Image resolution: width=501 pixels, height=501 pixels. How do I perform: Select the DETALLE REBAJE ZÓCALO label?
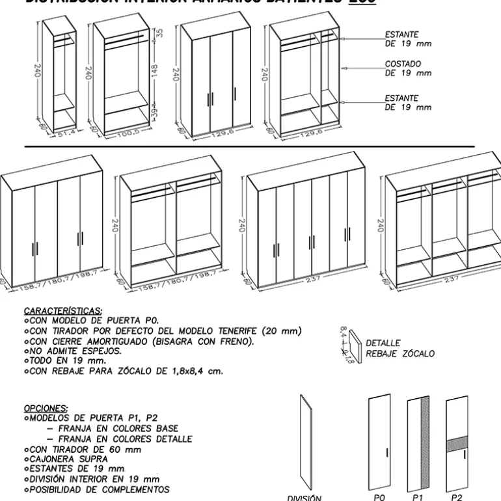399,348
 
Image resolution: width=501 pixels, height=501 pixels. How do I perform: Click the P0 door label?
381,495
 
